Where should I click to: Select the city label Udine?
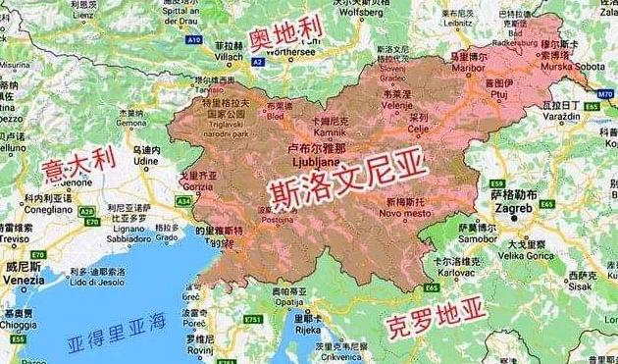(148, 160)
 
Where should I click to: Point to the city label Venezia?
(25, 279)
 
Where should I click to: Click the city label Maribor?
(470, 68)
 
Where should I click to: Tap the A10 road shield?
(193, 40)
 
